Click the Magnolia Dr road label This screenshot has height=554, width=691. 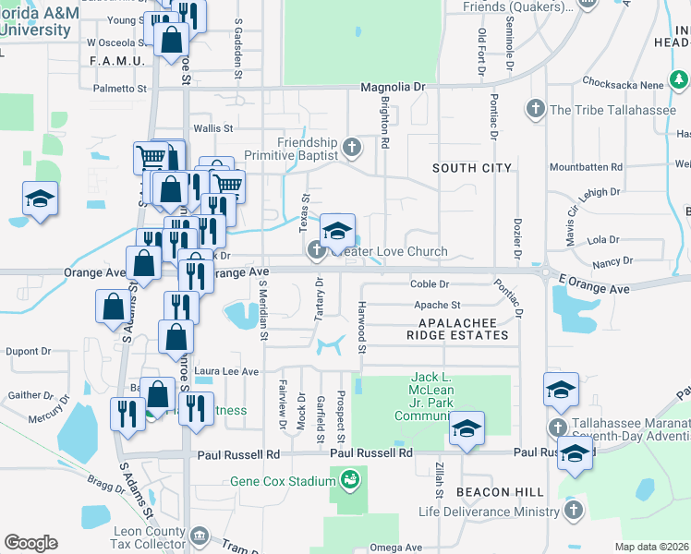coord(393,87)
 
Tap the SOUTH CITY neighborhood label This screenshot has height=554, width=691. coord(472,168)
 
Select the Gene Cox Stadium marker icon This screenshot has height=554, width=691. coord(349,479)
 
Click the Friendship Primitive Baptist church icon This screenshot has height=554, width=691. coord(351,147)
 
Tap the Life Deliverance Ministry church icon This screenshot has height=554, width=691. coord(574,511)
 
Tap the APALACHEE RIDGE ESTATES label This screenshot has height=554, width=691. coord(458,329)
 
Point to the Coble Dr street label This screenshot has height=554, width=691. coord(429,284)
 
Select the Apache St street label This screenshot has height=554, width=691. coord(436,305)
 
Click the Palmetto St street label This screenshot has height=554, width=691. coord(120,90)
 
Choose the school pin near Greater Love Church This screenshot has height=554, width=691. coord(338,229)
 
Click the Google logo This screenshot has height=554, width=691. coord(30,542)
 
